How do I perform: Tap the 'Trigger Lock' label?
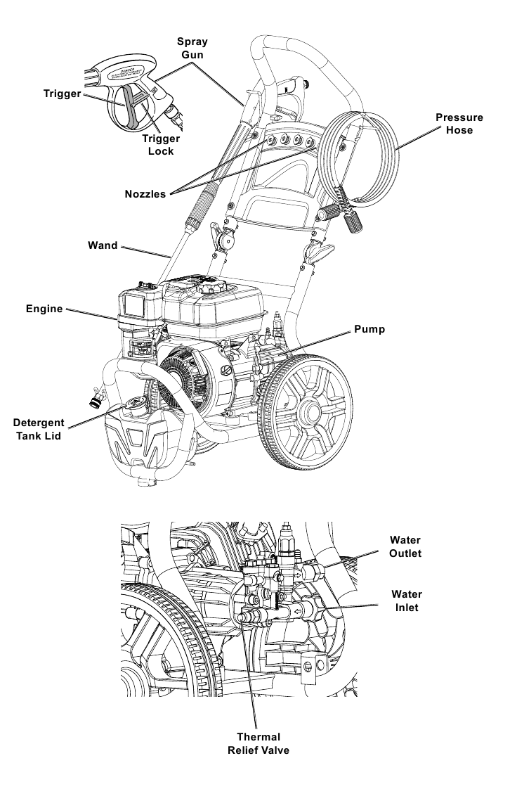click(x=161, y=144)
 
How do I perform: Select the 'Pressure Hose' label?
click(x=459, y=124)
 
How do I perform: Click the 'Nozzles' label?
click(x=145, y=194)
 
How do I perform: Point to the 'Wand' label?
click(x=103, y=246)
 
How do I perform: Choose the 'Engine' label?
click(x=45, y=309)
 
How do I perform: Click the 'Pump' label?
click(x=369, y=328)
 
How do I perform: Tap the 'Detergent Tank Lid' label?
click(x=39, y=429)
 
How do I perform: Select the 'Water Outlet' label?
click(x=405, y=546)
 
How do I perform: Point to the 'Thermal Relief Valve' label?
click(x=258, y=743)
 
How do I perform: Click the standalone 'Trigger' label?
click(x=62, y=94)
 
